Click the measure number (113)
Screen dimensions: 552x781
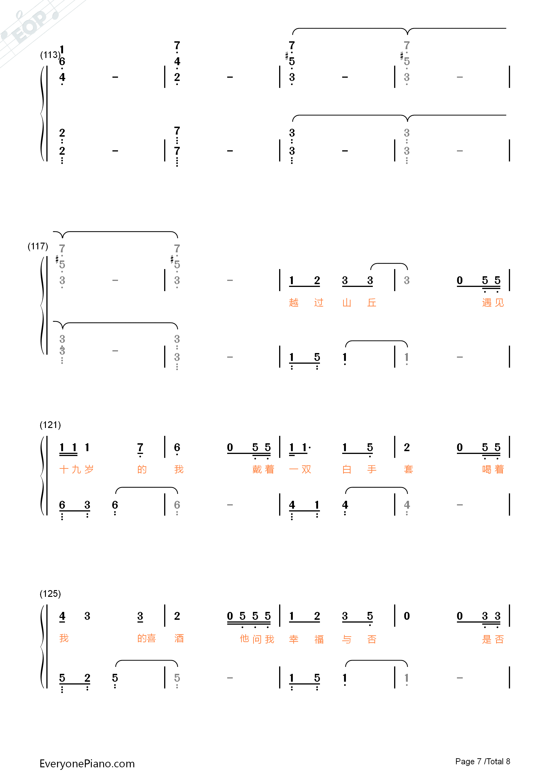50,55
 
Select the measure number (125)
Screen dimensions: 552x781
50,594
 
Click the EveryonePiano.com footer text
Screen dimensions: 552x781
87,764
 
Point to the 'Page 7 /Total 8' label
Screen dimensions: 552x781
483,761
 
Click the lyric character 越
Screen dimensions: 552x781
294,302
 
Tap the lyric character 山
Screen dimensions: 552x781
347,302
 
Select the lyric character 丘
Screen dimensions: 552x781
372,302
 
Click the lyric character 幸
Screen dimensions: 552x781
294,639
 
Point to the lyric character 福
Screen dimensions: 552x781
319,639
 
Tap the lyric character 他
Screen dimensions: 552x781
244,639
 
